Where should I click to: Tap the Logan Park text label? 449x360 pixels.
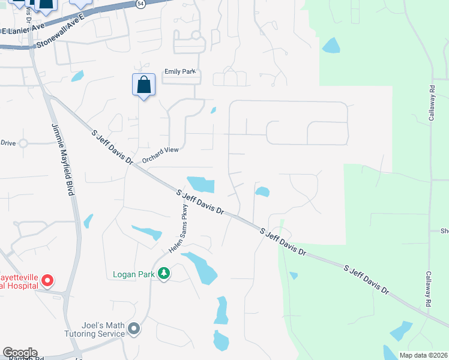click(x=134, y=275)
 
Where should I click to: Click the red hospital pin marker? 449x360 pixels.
click(x=49, y=280)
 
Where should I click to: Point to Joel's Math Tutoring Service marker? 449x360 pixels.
click(x=134, y=328)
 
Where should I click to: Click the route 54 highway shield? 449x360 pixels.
click(x=140, y=4)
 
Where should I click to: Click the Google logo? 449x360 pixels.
click(x=20, y=353)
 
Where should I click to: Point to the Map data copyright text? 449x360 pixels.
click(x=423, y=355)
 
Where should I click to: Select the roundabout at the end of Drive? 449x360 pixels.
click(x=23, y=143)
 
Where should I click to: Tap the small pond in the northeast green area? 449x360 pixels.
click(x=330, y=45)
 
